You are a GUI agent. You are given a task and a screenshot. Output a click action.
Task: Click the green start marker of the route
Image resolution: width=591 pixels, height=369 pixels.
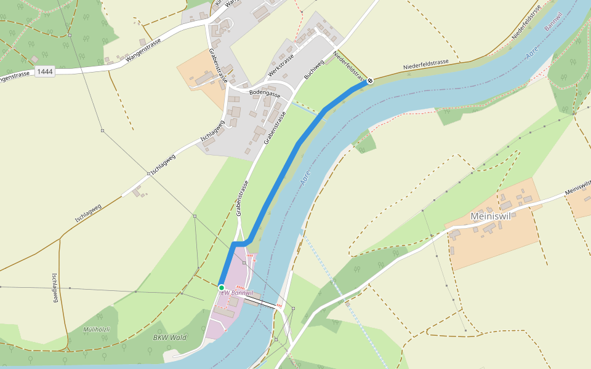(x=222, y=287)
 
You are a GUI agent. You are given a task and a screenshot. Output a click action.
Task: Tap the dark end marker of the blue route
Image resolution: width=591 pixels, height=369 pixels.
(x=370, y=81)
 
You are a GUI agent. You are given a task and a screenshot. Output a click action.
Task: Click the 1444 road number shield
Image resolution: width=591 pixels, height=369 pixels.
(x=45, y=72)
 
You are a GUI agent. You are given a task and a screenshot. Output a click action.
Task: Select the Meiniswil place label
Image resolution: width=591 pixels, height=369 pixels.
(x=491, y=216)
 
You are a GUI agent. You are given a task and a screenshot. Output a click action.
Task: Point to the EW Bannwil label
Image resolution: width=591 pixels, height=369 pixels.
(x=238, y=293)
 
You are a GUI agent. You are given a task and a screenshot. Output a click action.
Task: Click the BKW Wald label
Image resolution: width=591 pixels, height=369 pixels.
(x=169, y=337)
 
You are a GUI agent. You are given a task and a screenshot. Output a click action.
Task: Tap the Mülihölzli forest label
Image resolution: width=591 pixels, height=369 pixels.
(x=97, y=330)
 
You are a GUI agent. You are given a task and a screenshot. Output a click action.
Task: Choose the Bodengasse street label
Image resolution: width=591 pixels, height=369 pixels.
(x=264, y=93)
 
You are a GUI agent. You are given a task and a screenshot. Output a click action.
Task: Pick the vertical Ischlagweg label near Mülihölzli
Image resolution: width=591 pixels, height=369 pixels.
(x=55, y=287)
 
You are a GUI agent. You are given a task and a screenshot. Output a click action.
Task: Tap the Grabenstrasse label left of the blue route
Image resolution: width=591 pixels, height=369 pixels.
(x=241, y=199)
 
